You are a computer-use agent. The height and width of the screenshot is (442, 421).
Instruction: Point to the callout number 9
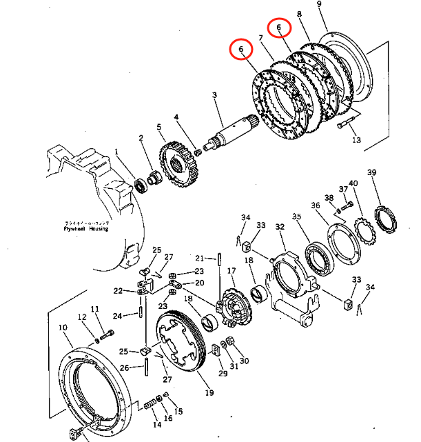click(x=319, y=5)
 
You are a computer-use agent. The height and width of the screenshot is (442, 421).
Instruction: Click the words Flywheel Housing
click(x=85, y=230)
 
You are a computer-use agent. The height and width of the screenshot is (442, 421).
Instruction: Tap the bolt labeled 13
click(x=345, y=126)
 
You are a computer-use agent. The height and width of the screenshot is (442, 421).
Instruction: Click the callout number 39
click(x=371, y=172)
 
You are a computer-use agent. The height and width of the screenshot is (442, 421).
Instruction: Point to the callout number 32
click(x=280, y=227)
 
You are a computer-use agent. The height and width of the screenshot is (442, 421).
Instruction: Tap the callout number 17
click(x=232, y=271)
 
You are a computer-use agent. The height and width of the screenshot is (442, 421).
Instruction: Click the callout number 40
click(x=353, y=183)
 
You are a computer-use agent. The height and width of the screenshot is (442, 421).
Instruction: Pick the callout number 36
click(x=316, y=205)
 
